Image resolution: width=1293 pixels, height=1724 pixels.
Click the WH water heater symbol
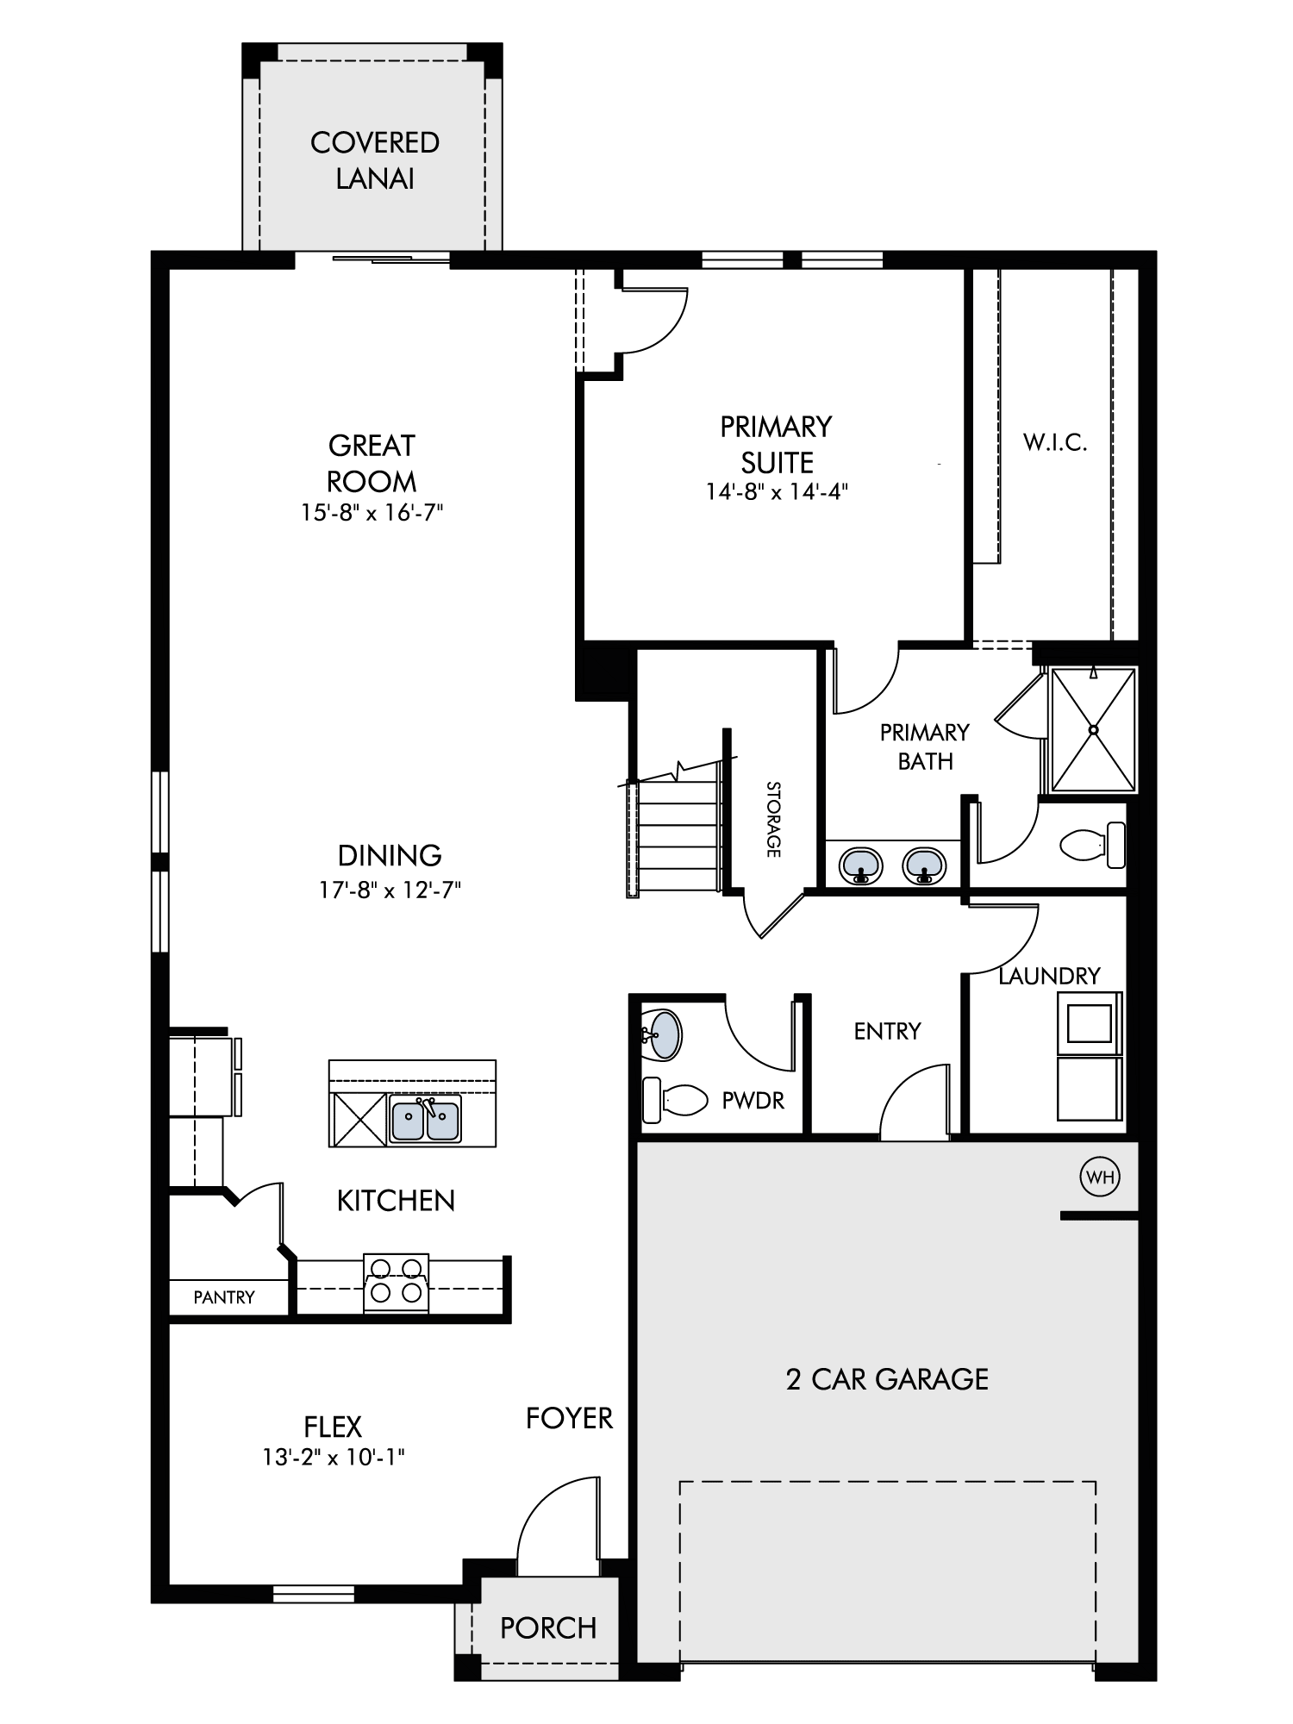1100,1177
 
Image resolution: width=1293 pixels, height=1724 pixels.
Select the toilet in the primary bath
1092,845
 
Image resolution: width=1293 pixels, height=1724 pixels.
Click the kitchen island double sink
425,1118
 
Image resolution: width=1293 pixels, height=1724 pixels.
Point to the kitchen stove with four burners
396,1283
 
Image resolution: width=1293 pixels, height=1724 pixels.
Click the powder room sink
662,1034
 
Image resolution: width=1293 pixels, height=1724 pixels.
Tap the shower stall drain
1093,730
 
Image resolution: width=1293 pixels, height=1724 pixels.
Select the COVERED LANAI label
375,160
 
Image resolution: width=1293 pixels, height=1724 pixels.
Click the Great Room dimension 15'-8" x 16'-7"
372,513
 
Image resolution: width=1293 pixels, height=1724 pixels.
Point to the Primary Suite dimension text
777,492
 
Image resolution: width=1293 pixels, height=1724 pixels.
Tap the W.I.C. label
1055,443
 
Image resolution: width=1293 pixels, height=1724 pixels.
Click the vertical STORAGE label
773,819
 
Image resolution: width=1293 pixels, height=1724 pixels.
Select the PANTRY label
224,1297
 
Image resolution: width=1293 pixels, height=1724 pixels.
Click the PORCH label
548,1627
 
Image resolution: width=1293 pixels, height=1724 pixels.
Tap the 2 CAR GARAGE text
887,1379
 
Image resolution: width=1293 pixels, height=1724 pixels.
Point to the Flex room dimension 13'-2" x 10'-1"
334,1458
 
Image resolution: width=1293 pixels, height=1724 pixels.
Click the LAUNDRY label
1049,976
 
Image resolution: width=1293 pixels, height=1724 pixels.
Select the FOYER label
569,1418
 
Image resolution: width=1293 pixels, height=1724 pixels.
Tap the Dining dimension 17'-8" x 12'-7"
390,890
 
